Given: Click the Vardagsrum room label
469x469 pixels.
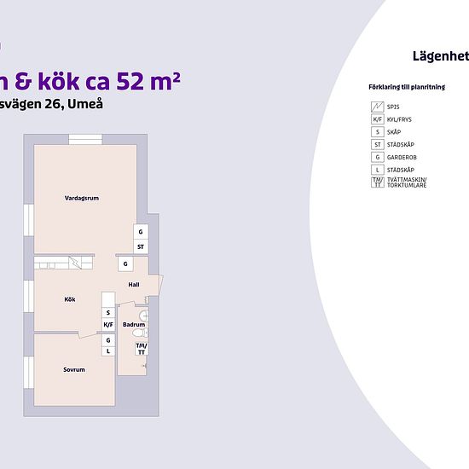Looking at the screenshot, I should pos(82,198).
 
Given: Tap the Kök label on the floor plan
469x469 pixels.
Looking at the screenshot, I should pos(70,299).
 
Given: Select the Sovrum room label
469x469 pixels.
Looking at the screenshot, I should pos(73,369).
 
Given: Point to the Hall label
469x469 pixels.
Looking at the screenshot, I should pos(134,285).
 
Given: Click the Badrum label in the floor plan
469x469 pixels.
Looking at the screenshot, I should pos(134,325).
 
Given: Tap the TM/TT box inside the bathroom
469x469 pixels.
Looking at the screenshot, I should pos(141,349).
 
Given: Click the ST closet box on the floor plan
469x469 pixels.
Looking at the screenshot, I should pos(141,247).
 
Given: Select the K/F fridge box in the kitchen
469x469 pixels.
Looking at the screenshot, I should pos(108,325).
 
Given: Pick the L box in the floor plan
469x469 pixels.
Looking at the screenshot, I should pos(108,350).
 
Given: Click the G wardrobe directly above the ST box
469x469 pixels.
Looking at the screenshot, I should pos(141,232).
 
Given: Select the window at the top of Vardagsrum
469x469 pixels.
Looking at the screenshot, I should pos(86,141).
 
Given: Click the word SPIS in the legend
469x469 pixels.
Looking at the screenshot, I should pos(393,107).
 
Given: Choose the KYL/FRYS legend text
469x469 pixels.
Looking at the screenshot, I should pos(399,120).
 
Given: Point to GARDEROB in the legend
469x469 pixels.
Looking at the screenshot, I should pos(401,157).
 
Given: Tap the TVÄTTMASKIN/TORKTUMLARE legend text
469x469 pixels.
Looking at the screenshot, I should pos(406,182).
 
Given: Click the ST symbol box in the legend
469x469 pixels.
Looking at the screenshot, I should pos(377,145).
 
